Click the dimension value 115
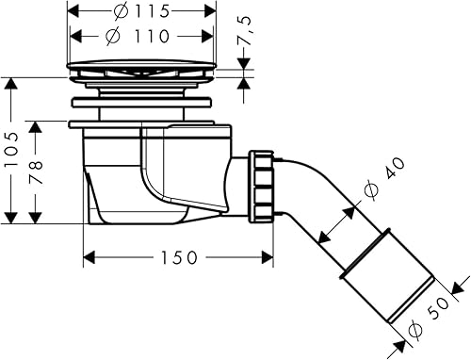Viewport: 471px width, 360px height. pos(153,12)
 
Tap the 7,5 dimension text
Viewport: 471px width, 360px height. pos(245,30)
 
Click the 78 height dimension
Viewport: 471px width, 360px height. pos(36,172)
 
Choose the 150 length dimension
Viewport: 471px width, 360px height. pos(179,257)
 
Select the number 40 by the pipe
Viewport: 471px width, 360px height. pos(395,169)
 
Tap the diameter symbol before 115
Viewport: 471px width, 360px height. pos(121,12)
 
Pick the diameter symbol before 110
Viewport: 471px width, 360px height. pos(112,36)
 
